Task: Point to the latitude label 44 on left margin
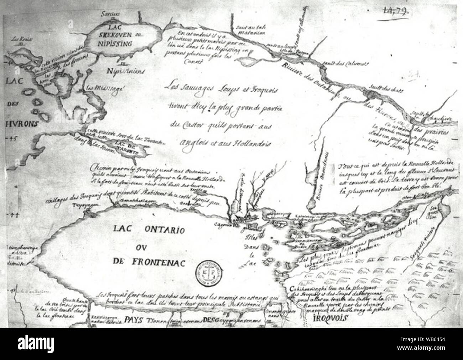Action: [x=15, y=215]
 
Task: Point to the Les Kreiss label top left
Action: [x=20, y=40]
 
